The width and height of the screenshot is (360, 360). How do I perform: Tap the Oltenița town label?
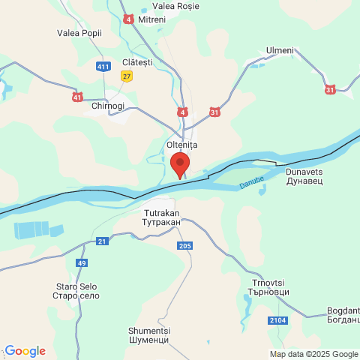pyautogui.click(x=181, y=143)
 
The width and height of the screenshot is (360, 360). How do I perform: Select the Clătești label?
pyautogui.click(x=136, y=62)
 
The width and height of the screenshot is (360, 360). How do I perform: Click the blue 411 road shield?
pyautogui.click(x=103, y=67)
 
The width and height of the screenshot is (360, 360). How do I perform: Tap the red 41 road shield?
pyautogui.click(x=78, y=97)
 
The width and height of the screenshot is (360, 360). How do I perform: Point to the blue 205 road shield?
pyautogui.click(x=186, y=246)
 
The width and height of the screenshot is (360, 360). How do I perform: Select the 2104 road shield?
pyautogui.click(x=277, y=320)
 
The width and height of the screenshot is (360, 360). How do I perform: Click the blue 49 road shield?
pyautogui.click(x=82, y=262)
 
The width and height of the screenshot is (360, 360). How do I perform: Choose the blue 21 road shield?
pyautogui.click(x=102, y=241)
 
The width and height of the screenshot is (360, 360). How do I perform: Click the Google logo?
pyautogui.click(x=25, y=351)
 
